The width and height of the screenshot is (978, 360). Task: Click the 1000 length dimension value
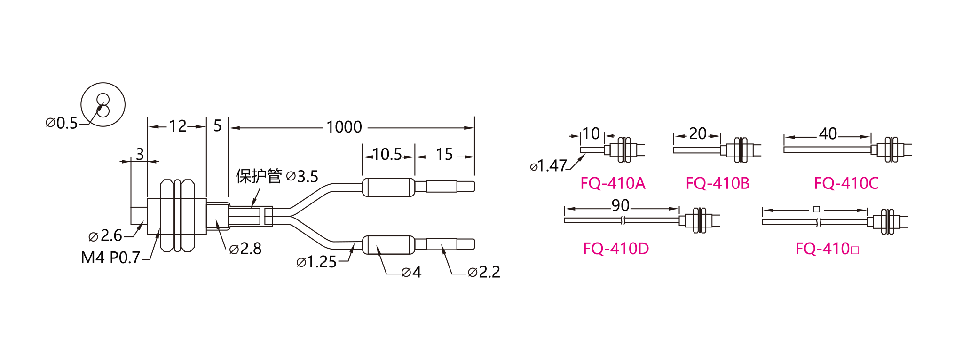pos(344,127)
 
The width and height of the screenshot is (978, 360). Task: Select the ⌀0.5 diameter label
pos(62,123)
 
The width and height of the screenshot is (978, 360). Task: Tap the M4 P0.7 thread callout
pos(110,258)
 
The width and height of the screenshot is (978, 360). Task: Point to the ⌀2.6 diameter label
pos(105,235)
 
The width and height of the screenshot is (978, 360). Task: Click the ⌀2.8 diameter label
pos(245,249)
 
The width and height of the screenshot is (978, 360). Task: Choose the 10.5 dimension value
pos(387,154)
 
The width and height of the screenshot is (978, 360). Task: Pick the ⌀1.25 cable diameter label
pos(316,262)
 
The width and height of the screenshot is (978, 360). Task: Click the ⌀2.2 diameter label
pos(484,272)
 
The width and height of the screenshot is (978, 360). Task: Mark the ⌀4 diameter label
pos(411,272)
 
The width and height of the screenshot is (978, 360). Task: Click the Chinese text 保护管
pos(259,176)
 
